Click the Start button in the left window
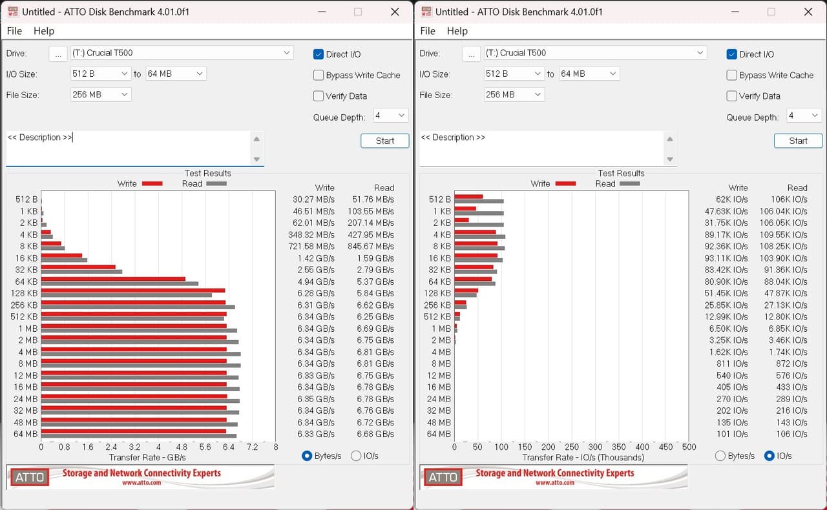[384, 141]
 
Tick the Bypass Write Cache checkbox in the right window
[731, 75]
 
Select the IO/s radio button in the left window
[356, 456]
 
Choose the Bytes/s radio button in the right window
[720, 456]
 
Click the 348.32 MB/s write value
[311, 235]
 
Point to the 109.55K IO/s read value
[783, 235]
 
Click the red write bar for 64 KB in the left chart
[113, 279]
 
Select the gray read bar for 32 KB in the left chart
[81, 272]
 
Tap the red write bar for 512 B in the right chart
[468, 197]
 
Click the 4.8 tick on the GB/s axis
[182, 447]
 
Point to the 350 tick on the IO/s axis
[618, 447]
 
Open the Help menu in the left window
[44, 31]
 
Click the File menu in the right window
[428, 31]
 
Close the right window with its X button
[808, 12]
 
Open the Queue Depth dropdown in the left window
[391, 116]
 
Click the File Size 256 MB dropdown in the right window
[514, 94]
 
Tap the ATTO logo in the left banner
[30, 477]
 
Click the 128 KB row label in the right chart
[437, 293]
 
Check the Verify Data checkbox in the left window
[319, 96]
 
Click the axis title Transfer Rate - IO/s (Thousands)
[583, 458]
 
